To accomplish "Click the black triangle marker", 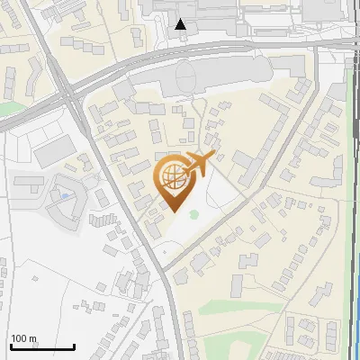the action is (181, 24).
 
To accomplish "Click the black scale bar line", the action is (42, 346).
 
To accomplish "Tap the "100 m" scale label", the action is (23, 338).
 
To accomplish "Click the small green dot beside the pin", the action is (193, 213).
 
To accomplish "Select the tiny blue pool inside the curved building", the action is (67, 195).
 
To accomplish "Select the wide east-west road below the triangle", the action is (180, 56).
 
